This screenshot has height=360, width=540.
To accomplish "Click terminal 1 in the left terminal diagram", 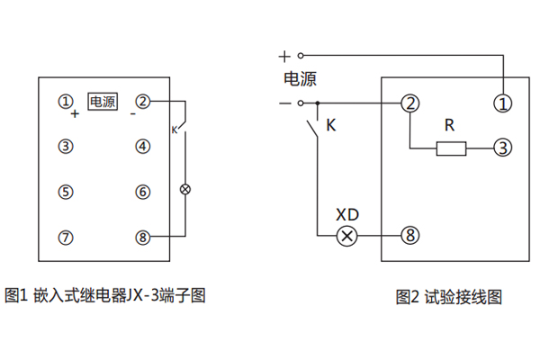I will [x=66, y=101].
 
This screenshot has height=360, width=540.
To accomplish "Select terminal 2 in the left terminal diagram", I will [x=142, y=101].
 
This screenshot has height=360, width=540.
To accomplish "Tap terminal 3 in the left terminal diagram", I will [x=66, y=146].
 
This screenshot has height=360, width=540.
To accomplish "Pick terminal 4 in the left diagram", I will [x=142, y=146].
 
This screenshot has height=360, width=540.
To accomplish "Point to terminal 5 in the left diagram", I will [x=66, y=191].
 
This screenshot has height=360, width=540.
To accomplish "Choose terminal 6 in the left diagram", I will [x=142, y=191].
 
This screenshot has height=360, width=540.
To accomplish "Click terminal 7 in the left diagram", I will [x=66, y=237].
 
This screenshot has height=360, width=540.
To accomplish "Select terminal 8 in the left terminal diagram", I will [x=142, y=237].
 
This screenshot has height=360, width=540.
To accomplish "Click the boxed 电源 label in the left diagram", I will [x=102, y=102].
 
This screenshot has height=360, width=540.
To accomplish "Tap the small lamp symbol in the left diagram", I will [x=186, y=190].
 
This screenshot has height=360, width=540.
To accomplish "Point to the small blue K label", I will [x=175, y=131].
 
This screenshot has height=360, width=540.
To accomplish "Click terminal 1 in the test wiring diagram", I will [x=502, y=103].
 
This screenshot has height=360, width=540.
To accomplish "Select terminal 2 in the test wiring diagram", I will [x=410, y=103].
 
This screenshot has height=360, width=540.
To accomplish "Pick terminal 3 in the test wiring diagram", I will [x=502, y=147].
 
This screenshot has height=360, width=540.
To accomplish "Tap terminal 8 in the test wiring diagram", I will [x=410, y=236].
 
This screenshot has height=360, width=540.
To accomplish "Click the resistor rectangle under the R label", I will [x=452, y=148].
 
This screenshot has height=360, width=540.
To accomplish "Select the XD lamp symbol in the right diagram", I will [x=346, y=236].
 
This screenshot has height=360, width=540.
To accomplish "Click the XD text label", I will [x=346, y=215].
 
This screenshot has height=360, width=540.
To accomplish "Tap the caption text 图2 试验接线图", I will [x=448, y=296].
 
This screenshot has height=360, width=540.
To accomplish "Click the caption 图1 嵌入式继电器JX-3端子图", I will [x=105, y=294].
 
